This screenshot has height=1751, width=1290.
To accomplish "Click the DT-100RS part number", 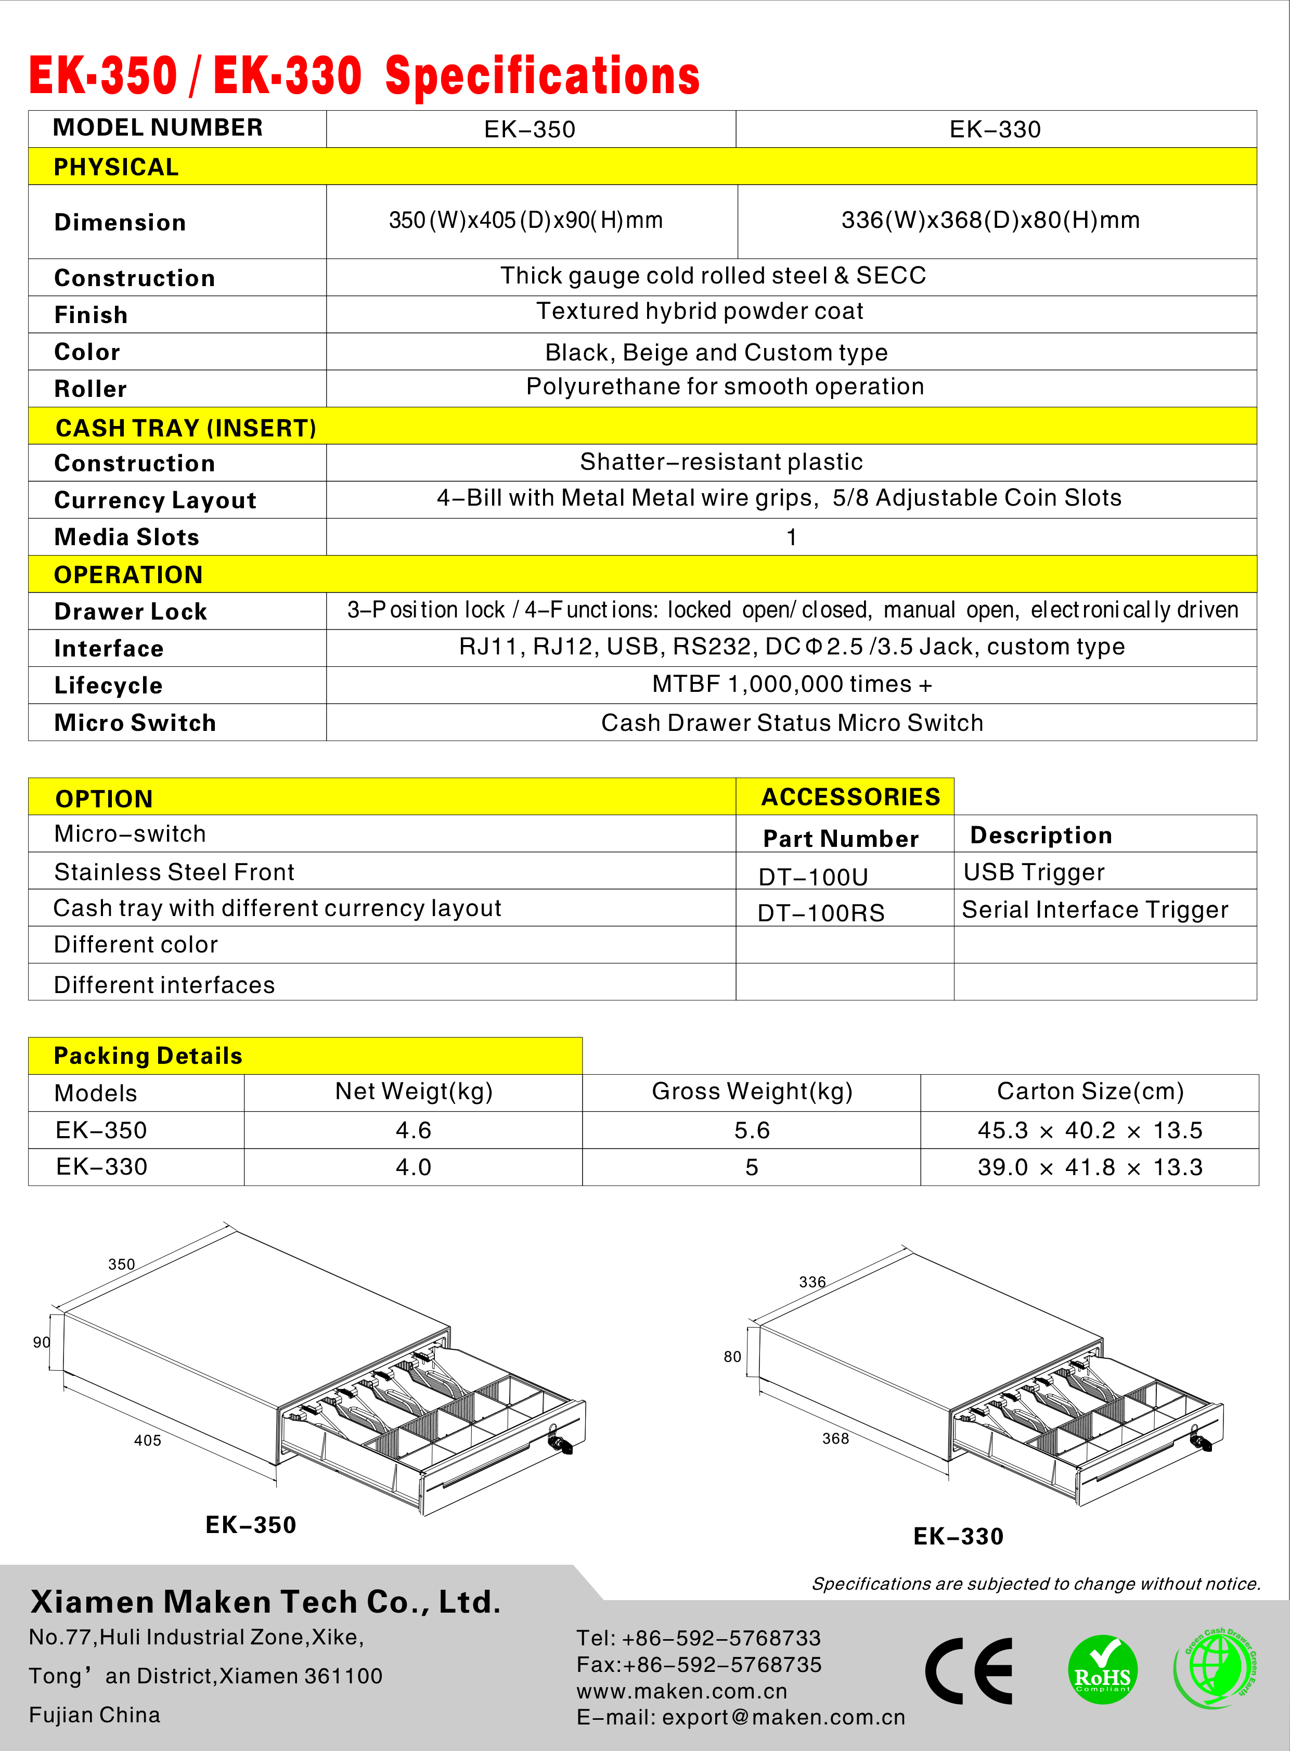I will pos(821,912).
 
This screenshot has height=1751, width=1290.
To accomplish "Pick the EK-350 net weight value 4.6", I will pos(413,1130).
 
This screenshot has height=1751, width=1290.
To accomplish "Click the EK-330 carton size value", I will pos(1090,1167).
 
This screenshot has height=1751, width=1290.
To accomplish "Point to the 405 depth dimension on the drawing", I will pos(148,1440).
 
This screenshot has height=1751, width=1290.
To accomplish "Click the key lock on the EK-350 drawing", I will pos(560,1441).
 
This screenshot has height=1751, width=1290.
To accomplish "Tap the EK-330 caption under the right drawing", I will pos(958,1536).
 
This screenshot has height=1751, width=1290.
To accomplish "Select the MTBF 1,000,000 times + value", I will pos(792,684).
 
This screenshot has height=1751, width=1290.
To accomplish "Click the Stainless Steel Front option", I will pos(174,871).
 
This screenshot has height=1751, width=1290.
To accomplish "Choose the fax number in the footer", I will pos(699,1664).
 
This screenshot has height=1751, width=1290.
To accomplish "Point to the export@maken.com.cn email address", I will pos(783,1717).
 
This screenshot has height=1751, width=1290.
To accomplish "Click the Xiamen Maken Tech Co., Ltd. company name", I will pos(265,1602).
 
